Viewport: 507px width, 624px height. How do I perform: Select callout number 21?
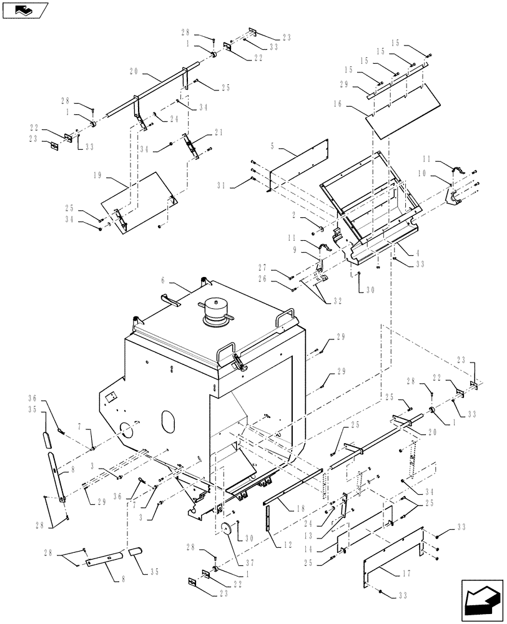219,132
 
